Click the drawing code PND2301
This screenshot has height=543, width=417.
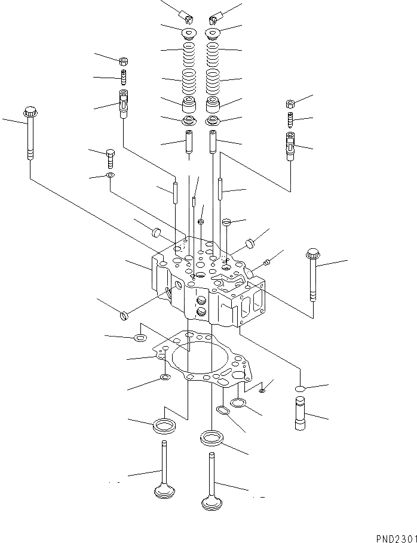[x=396, y=538]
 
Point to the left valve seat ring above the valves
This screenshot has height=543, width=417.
[x=164, y=425]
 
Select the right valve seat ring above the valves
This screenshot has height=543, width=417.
[x=212, y=437]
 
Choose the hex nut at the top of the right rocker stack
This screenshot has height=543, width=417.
[x=290, y=103]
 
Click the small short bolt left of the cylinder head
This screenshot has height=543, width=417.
[x=111, y=159]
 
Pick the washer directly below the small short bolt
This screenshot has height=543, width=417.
[x=111, y=175]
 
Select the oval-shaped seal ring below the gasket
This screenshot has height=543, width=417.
[x=222, y=411]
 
